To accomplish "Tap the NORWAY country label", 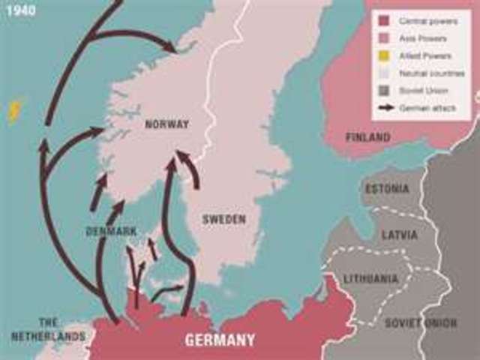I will [167, 124].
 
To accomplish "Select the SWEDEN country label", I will [224, 219].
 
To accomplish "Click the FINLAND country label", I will [367, 137].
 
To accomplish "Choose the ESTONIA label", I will [387, 189].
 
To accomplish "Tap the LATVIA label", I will [399, 235].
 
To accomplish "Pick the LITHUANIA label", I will [370, 279].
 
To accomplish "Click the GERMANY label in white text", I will [220, 340].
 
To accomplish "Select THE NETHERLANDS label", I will [48, 331].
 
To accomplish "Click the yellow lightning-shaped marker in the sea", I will [14, 112].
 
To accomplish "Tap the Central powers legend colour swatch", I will [385, 22].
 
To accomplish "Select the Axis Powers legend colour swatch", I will [385, 39].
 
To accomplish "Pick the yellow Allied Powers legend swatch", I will [385, 56].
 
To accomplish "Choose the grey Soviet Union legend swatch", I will [385, 91].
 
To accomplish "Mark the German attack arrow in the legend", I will [385, 107].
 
